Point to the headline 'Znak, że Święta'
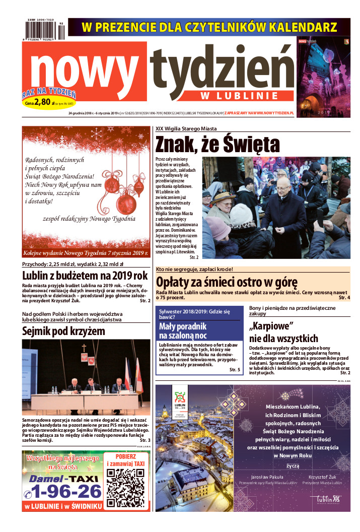tap(218, 144)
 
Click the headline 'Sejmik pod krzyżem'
tap(64, 331)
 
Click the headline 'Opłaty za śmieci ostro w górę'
tap(227, 282)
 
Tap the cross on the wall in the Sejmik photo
tap(84, 348)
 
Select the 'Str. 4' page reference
tap(345, 298)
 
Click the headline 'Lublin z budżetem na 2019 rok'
tap(85, 276)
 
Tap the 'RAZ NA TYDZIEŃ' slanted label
tap(49, 93)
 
